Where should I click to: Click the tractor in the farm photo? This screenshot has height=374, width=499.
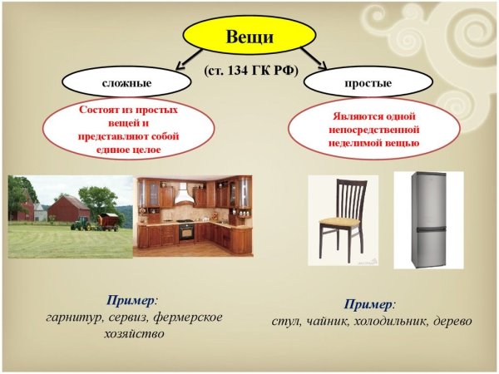(x=82, y=223)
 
